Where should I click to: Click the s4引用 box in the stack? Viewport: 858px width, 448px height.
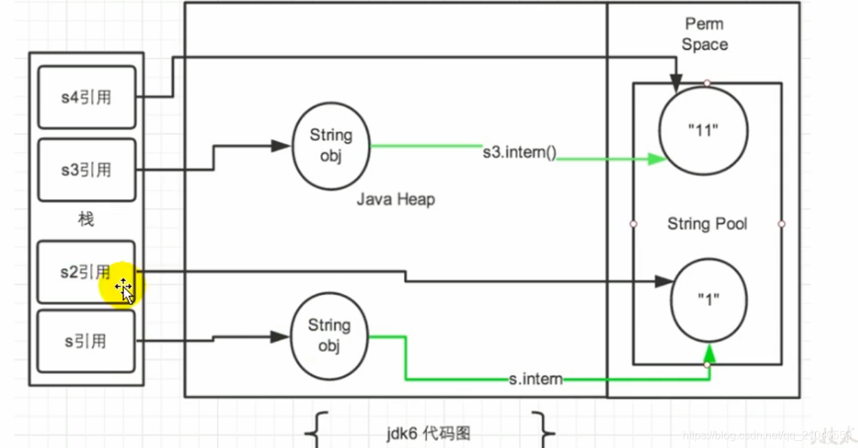point(86,98)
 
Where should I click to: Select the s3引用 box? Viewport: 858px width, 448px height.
point(86,170)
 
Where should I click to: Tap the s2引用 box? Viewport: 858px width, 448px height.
point(86,272)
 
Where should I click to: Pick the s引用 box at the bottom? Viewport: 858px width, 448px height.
point(86,341)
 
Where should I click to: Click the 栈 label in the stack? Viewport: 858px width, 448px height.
point(86,220)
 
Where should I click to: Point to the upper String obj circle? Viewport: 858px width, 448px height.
point(331,145)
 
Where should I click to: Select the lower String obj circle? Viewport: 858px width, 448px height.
point(329,335)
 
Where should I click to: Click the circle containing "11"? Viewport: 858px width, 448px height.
point(703,132)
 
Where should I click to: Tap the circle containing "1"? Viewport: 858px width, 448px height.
point(708,300)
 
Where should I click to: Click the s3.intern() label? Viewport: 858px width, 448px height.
point(519,152)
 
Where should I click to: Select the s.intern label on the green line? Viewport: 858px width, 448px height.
point(535,379)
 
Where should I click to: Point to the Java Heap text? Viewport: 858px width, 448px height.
point(396,200)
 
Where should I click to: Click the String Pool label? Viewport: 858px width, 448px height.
point(707,224)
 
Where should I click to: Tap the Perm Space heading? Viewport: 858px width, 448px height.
point(704,35)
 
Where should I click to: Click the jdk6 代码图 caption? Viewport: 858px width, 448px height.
point(428,434)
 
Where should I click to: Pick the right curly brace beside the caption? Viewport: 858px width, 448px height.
point(545,429)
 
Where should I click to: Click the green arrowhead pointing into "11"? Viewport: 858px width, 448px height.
point(656,159)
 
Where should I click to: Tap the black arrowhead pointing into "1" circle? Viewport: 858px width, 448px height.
point(663,281)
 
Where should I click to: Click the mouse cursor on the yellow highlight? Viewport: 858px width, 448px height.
point(125,289)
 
